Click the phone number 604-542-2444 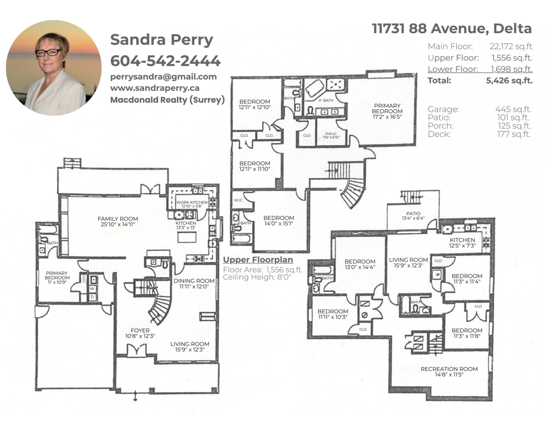point(165,61)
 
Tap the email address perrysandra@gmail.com point(164,76)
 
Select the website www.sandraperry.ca point(155,88)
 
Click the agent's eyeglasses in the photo point(48,52)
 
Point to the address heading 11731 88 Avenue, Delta point(452,29)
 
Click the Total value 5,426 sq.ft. point(509,81)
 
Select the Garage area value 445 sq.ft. point(513,109)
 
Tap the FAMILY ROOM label point(118,219)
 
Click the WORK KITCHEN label point(192,202)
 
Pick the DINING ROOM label point(194,281)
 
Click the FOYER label point(140,330)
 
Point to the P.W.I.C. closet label point(331,134)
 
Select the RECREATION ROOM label point(449,369)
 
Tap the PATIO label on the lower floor point(413,214)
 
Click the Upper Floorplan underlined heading point(258,260)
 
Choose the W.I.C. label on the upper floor point(238,200)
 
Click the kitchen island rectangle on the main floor point(187,237)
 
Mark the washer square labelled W point(92,289)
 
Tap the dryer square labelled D point(92,297)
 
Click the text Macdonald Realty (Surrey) point(167,100)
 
